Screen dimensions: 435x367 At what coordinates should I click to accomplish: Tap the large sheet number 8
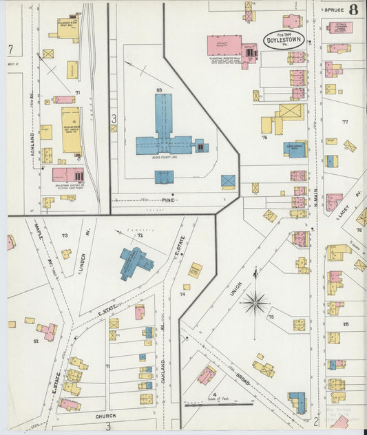pyautogui.click(x=353, y=10)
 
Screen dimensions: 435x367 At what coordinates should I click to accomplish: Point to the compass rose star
pyautogui.click(x=255, y=301)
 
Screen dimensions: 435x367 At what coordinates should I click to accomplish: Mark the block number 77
pyautogui.click(x=345, y=122)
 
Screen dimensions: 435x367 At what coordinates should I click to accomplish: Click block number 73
pyautogui.click(x=65, y=235)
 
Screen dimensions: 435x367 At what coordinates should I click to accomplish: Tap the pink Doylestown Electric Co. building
pyautogui.click(x=67, y=176)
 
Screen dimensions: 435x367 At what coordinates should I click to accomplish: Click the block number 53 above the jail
pyautogui.click(x=158, y=90)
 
